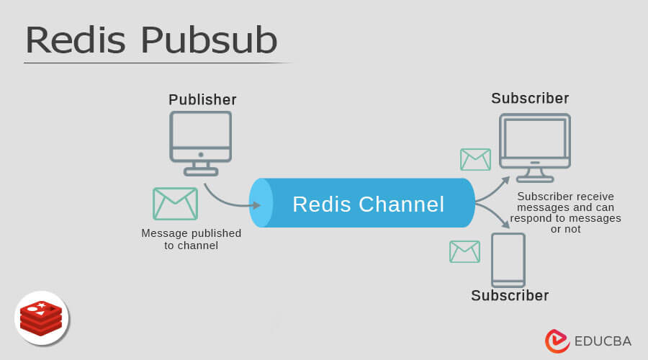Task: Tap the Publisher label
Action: click(x=202, y=99)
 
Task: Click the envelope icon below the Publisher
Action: click(x=175, y=203)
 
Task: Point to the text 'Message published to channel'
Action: click(x=191, y=239)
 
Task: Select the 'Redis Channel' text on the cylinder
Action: click(x=368, y=204)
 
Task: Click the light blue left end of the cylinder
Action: click(x=261, y=203)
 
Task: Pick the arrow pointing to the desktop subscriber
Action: click(x=492, y=189)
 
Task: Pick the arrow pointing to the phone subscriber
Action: click(x=492, y=216)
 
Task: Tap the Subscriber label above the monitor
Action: click(x=530, y=98)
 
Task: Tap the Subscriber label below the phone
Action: click(x=510, y=295)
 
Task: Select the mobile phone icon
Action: click(x=508, y=260)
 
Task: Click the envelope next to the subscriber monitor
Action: click(x=475, y=159)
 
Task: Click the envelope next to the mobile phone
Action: click(x=464, y=251)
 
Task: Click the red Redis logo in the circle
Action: click(x=41, y=318)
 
